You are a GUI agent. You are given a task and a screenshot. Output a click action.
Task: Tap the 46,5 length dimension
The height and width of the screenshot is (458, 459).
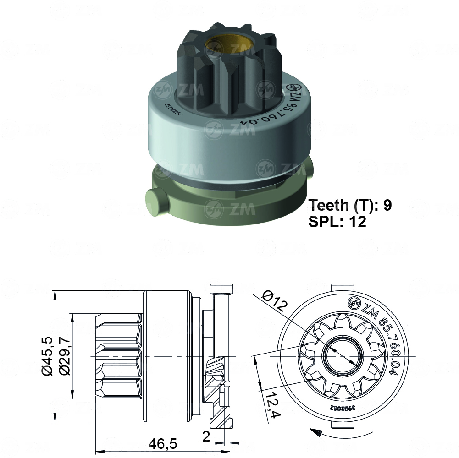click(162, 443)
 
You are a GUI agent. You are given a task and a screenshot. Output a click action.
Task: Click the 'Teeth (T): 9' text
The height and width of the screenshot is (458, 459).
click(350, 205)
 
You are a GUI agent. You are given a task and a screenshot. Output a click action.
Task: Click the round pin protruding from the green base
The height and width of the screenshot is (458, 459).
click(155, 201)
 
